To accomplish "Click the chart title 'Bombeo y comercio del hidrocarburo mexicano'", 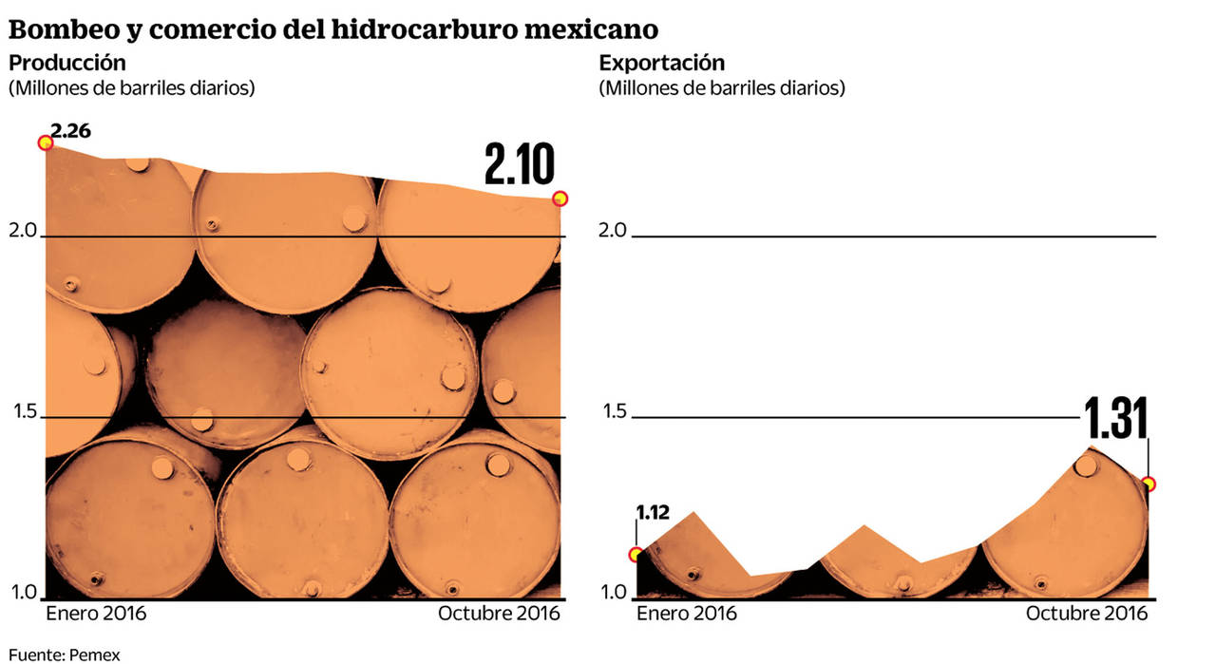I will (333, 29).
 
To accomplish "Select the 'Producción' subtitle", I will (66, 64).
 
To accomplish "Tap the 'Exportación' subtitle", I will (661, 64).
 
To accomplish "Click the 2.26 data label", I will (71, 131).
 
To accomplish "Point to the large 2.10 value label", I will (519, 164).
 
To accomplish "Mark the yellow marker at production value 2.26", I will (44, 143).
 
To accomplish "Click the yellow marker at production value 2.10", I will (560, 199).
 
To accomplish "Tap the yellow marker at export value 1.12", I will (636, 555).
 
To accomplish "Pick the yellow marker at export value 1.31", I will (1149, 484).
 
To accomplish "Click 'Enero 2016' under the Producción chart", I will (96, 614).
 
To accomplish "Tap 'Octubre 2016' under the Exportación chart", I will (1086, 614).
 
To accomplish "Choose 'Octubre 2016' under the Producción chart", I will (499, 614).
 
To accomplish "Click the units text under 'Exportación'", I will (722, 88).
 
